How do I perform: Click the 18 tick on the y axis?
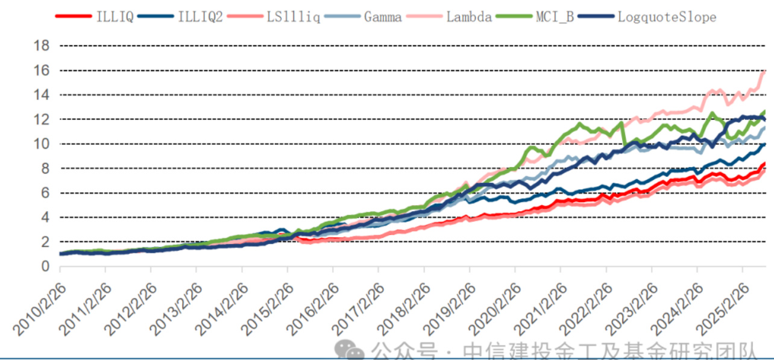click(42, 46)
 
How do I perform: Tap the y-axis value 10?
click(42, 144)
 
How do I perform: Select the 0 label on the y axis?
click(46, 266)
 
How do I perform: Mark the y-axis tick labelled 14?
click(42, 95)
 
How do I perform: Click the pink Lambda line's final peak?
click(765, 71)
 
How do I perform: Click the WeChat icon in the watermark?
click(349, 349)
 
